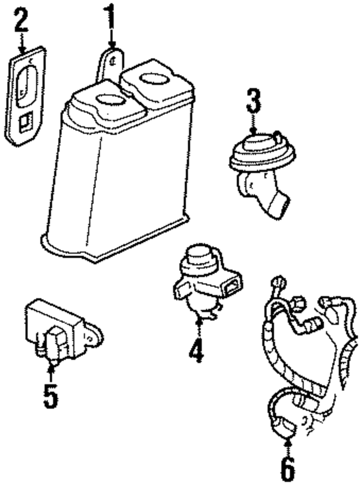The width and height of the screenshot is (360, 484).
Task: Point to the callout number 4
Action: point(197,351)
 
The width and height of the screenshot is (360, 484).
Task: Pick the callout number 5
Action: point(50,396)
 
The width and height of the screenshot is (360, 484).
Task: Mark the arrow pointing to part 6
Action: point(288,444)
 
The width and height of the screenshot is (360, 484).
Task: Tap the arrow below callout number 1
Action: point(112,38)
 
